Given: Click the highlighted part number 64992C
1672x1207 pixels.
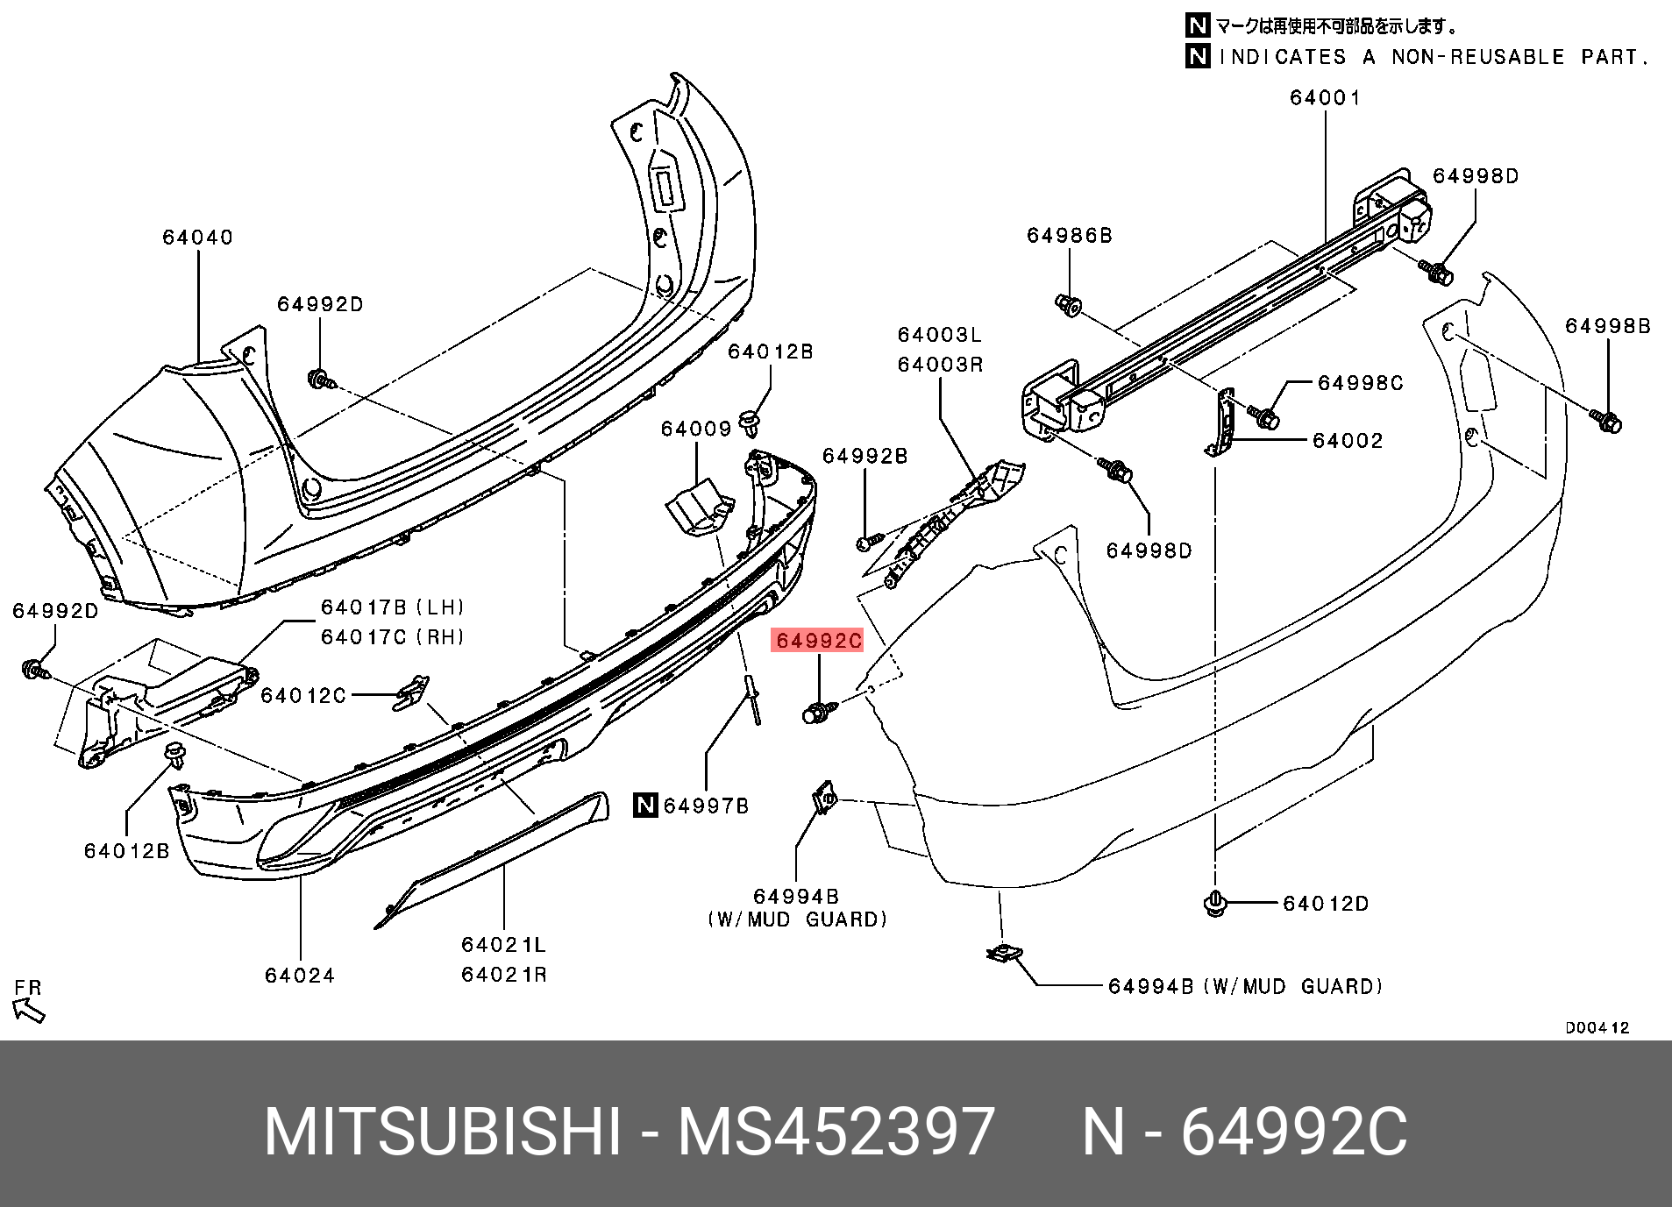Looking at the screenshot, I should (818, 641).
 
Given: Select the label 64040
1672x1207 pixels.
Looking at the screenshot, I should (197, 238).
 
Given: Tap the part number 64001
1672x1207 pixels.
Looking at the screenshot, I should (1325, 98).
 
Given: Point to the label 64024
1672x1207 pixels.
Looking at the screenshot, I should (300, 976).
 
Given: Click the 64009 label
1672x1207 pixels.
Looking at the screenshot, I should (696, 429).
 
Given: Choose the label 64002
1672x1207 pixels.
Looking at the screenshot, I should (1348, 441).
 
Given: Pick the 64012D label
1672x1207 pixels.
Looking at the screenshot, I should (1325, 904).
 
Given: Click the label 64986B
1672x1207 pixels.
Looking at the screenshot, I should (1069, 236).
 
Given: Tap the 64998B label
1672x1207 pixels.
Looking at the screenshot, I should (1608, 327).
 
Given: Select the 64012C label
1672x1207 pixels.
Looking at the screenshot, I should (303, 696).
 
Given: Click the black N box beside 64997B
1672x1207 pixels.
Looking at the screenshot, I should (645, 805).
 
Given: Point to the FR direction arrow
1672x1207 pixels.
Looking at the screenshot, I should (29, 1011).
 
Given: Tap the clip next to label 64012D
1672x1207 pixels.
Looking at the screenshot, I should (1215, 903).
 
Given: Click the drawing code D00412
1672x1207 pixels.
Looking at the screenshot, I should (1597, 1028).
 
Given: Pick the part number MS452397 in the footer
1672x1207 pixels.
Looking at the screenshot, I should (836, 1132).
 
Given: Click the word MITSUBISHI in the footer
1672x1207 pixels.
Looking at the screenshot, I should (443, 1132).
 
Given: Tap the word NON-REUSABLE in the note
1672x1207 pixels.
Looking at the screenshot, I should (1477, 58).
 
